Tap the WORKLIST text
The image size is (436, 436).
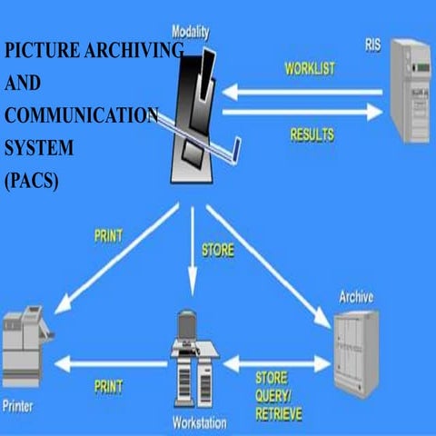tap(311, 69)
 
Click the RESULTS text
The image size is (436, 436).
tap(312, 135)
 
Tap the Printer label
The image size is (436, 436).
tap(21, 407)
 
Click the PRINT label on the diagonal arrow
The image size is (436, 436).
tap(108, 239)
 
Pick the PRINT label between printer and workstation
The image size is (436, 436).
tap(108, 386)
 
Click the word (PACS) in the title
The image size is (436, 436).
tap(32, 180)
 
